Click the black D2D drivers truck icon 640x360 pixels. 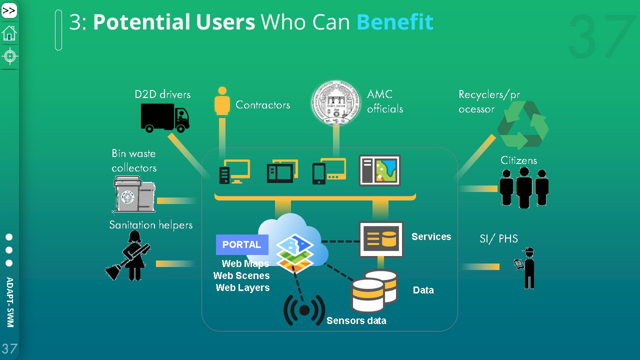point(165,118)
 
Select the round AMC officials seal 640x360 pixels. point(336,102)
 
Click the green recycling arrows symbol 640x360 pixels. point(523,125)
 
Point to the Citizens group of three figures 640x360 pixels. point(524,187)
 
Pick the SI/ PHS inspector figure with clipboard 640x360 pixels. point(527,268)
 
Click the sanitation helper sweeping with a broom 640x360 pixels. point(129,256)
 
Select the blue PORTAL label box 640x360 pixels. point(242,244)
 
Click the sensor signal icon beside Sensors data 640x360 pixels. point(304,310)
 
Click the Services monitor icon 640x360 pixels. point(381,239)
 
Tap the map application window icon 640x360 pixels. point(379,170)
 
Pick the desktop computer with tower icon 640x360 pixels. point(234,171)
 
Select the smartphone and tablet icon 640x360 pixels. point(328,171)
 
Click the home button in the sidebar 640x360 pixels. point(9,33)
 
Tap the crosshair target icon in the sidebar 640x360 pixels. point(9,56)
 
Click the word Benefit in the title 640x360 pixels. point(394,22)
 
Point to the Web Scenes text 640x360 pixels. point(241,275)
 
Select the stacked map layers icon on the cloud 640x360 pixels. point(294,253)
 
